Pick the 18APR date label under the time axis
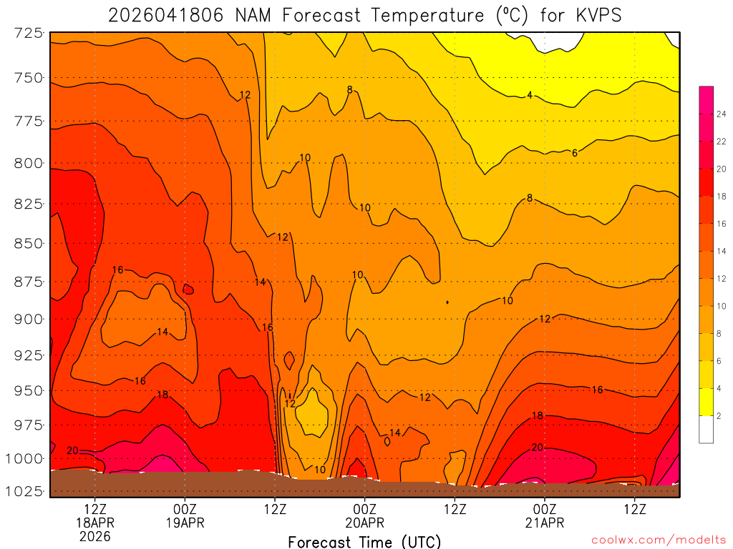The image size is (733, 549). point(95,523)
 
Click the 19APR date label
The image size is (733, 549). point(185,523)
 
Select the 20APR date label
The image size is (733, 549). point(365,523)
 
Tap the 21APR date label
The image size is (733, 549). point(545,523)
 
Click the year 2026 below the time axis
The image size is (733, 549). point(95,536)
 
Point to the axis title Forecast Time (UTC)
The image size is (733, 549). point(364,541)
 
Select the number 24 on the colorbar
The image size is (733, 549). point(721,114)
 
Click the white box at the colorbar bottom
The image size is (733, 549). point(706,429)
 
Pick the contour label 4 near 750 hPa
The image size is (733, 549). point(530,95)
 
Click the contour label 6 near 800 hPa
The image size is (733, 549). point(575,153)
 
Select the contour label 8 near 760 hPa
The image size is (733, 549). point(349,89)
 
